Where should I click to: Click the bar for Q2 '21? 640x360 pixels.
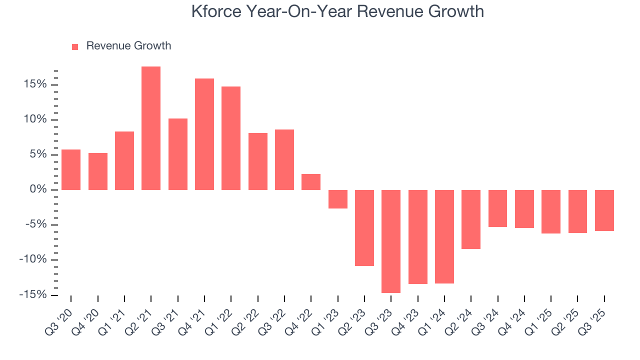coord(151,128)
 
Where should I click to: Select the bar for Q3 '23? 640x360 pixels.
coord(391,241)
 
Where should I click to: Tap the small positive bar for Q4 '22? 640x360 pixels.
coord(311,182)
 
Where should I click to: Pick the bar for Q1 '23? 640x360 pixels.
coord(337,199)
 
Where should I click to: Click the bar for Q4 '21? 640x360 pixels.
coord(204,134)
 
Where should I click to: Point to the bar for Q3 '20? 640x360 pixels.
coord(71,169)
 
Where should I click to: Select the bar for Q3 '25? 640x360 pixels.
coord(604,210)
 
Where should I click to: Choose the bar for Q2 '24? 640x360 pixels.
coord(471,219)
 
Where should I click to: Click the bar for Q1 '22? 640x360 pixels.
coord(231,138)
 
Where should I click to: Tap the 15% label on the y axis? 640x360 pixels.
coord(34,84)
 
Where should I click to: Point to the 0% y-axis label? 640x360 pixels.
coord(38,189)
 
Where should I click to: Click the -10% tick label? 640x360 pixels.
coord(32,259)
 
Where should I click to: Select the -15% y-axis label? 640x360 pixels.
coord(32,294)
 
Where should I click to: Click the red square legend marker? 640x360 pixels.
coord(75,47)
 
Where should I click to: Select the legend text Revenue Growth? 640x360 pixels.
coord(128,46)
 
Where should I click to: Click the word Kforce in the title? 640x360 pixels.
coord(215,11)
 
